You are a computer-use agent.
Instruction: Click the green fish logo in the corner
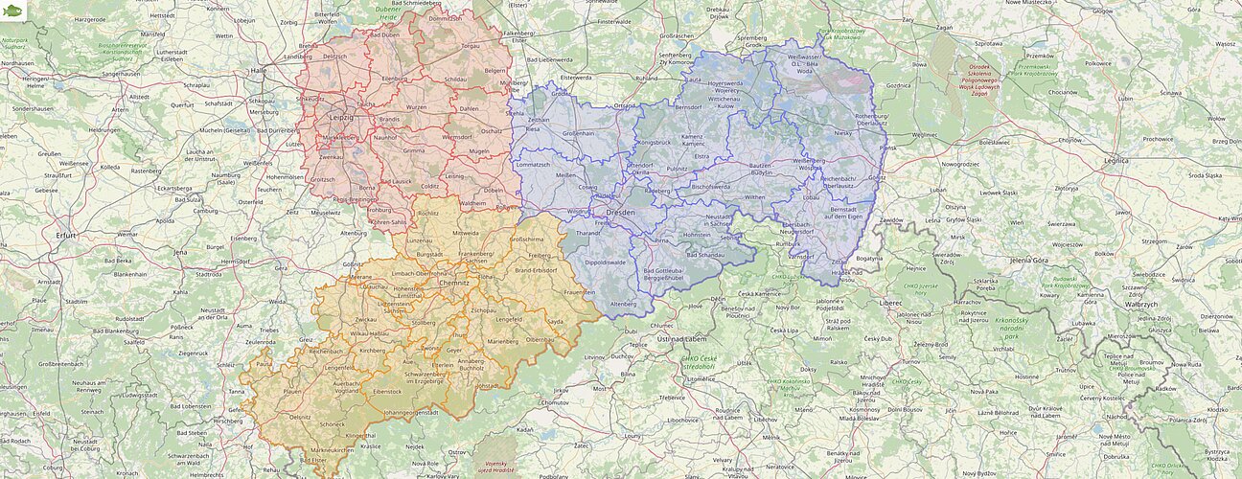pos(12,11)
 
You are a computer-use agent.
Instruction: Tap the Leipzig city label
pos(340,117)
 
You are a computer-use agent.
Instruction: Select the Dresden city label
pos(621,212)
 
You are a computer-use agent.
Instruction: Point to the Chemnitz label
pos(453,283)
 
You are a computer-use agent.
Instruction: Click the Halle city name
pos(258,70)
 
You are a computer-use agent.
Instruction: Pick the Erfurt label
pos(66,234)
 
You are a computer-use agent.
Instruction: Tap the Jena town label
pos(180,251)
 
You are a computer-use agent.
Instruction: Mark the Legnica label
pos(1115,161)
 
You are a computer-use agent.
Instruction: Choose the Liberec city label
pos(891,302)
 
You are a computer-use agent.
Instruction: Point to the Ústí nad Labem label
pos(681,339)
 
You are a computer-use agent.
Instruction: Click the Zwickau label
pos(365,319)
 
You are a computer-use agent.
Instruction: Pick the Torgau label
pos(470,45)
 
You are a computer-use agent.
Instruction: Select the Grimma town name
pos(414,150)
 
